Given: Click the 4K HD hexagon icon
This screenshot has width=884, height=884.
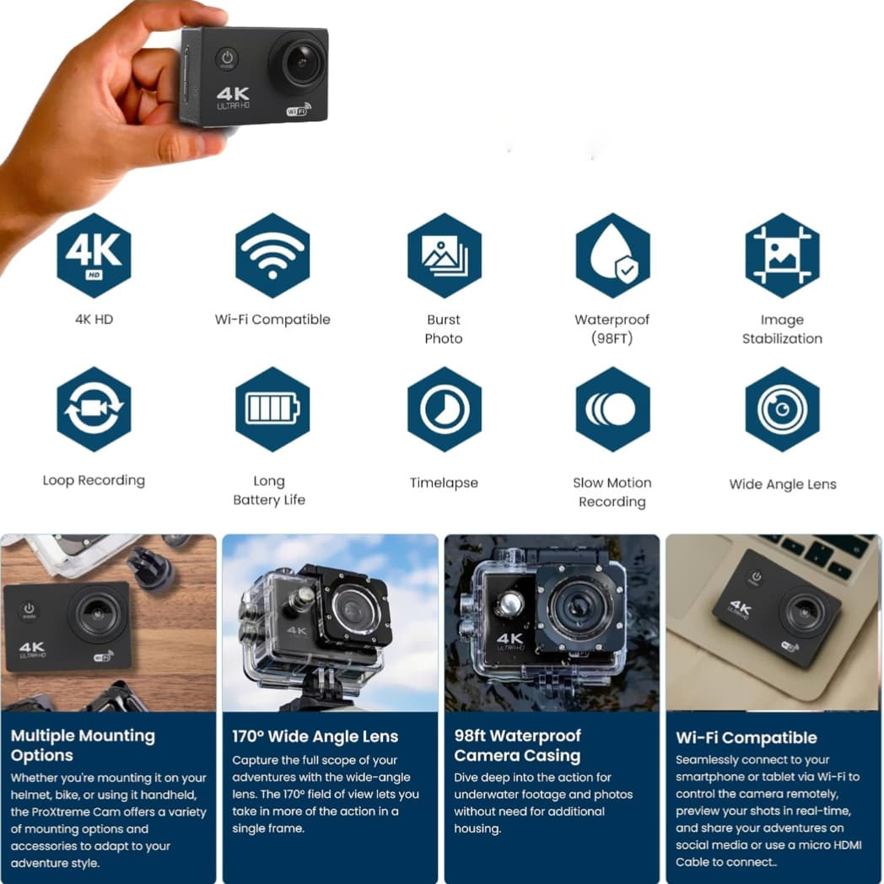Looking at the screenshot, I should pos(94,255).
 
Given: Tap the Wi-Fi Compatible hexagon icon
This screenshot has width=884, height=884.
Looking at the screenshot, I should pos(272,255).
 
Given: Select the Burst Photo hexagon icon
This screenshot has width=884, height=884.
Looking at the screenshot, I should pos(444,255).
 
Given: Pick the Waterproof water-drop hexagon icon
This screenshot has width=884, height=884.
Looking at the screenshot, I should pos(612,255).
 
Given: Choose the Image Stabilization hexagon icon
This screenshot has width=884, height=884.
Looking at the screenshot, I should pos(782,255).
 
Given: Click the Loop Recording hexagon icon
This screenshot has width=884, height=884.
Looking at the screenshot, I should pos(94,409).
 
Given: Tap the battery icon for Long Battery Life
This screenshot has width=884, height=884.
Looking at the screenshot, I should pos(272,409).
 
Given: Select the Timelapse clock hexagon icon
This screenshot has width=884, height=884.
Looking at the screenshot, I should pos(444,409).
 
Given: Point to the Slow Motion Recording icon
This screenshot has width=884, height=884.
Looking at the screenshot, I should pos(612,409).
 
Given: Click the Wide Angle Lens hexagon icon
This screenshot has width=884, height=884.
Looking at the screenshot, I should pos(782,409).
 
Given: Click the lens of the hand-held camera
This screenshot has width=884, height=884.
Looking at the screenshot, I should pos(299,62).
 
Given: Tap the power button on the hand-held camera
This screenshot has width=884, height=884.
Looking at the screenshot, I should pos(226,58).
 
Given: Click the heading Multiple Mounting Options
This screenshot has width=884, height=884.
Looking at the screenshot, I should pos(83,745).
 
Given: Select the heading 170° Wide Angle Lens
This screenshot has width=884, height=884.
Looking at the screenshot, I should pos(315,736).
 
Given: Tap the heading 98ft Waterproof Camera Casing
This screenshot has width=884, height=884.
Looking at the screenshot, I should pos(517,745).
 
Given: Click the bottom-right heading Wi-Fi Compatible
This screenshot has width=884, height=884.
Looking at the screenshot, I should pos(746,738).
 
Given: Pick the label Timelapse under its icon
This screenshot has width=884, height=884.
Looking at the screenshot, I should pos(444,483).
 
